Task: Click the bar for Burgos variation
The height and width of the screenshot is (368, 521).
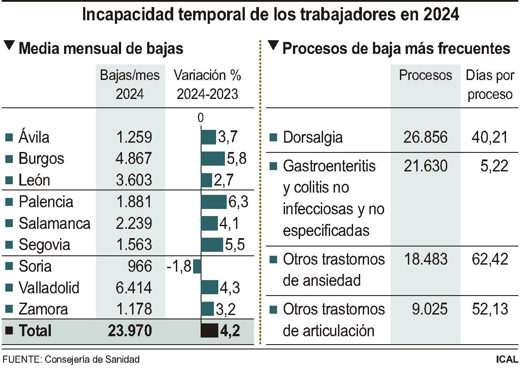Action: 213,159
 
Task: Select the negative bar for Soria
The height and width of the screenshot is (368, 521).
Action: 197,266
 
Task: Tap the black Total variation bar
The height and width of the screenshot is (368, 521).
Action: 209,330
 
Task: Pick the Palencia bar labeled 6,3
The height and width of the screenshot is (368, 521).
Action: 214,202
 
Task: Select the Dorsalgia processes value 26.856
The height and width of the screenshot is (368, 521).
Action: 425,137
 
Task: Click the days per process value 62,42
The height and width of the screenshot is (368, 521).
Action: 489,259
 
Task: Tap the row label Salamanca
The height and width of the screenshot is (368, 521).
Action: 54,224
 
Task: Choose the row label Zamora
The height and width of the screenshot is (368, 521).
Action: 43,309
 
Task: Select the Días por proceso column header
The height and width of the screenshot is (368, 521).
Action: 490,84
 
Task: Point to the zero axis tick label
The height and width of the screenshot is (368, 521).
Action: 201,118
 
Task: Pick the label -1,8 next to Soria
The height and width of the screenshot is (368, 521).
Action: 179,267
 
